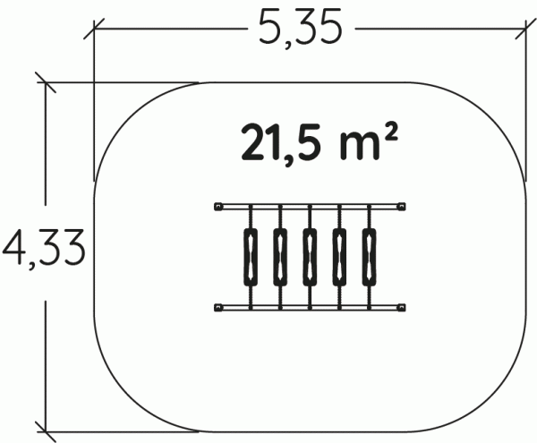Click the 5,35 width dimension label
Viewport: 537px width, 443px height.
[x=300, y=29]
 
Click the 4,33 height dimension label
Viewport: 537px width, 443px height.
[x=43, y=249]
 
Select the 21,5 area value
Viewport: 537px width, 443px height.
[x=282, y=144]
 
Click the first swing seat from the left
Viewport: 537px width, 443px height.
[x=251, y=257]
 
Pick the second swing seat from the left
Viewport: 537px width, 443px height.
[x=280, y=257]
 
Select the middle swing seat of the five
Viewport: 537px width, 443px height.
[x=310, y=257]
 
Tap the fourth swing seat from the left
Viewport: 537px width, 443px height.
[x=339, y=257]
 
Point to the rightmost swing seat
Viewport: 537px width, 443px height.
[x=369, y=257]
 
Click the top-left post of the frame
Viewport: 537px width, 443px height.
[x=218, y=207]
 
